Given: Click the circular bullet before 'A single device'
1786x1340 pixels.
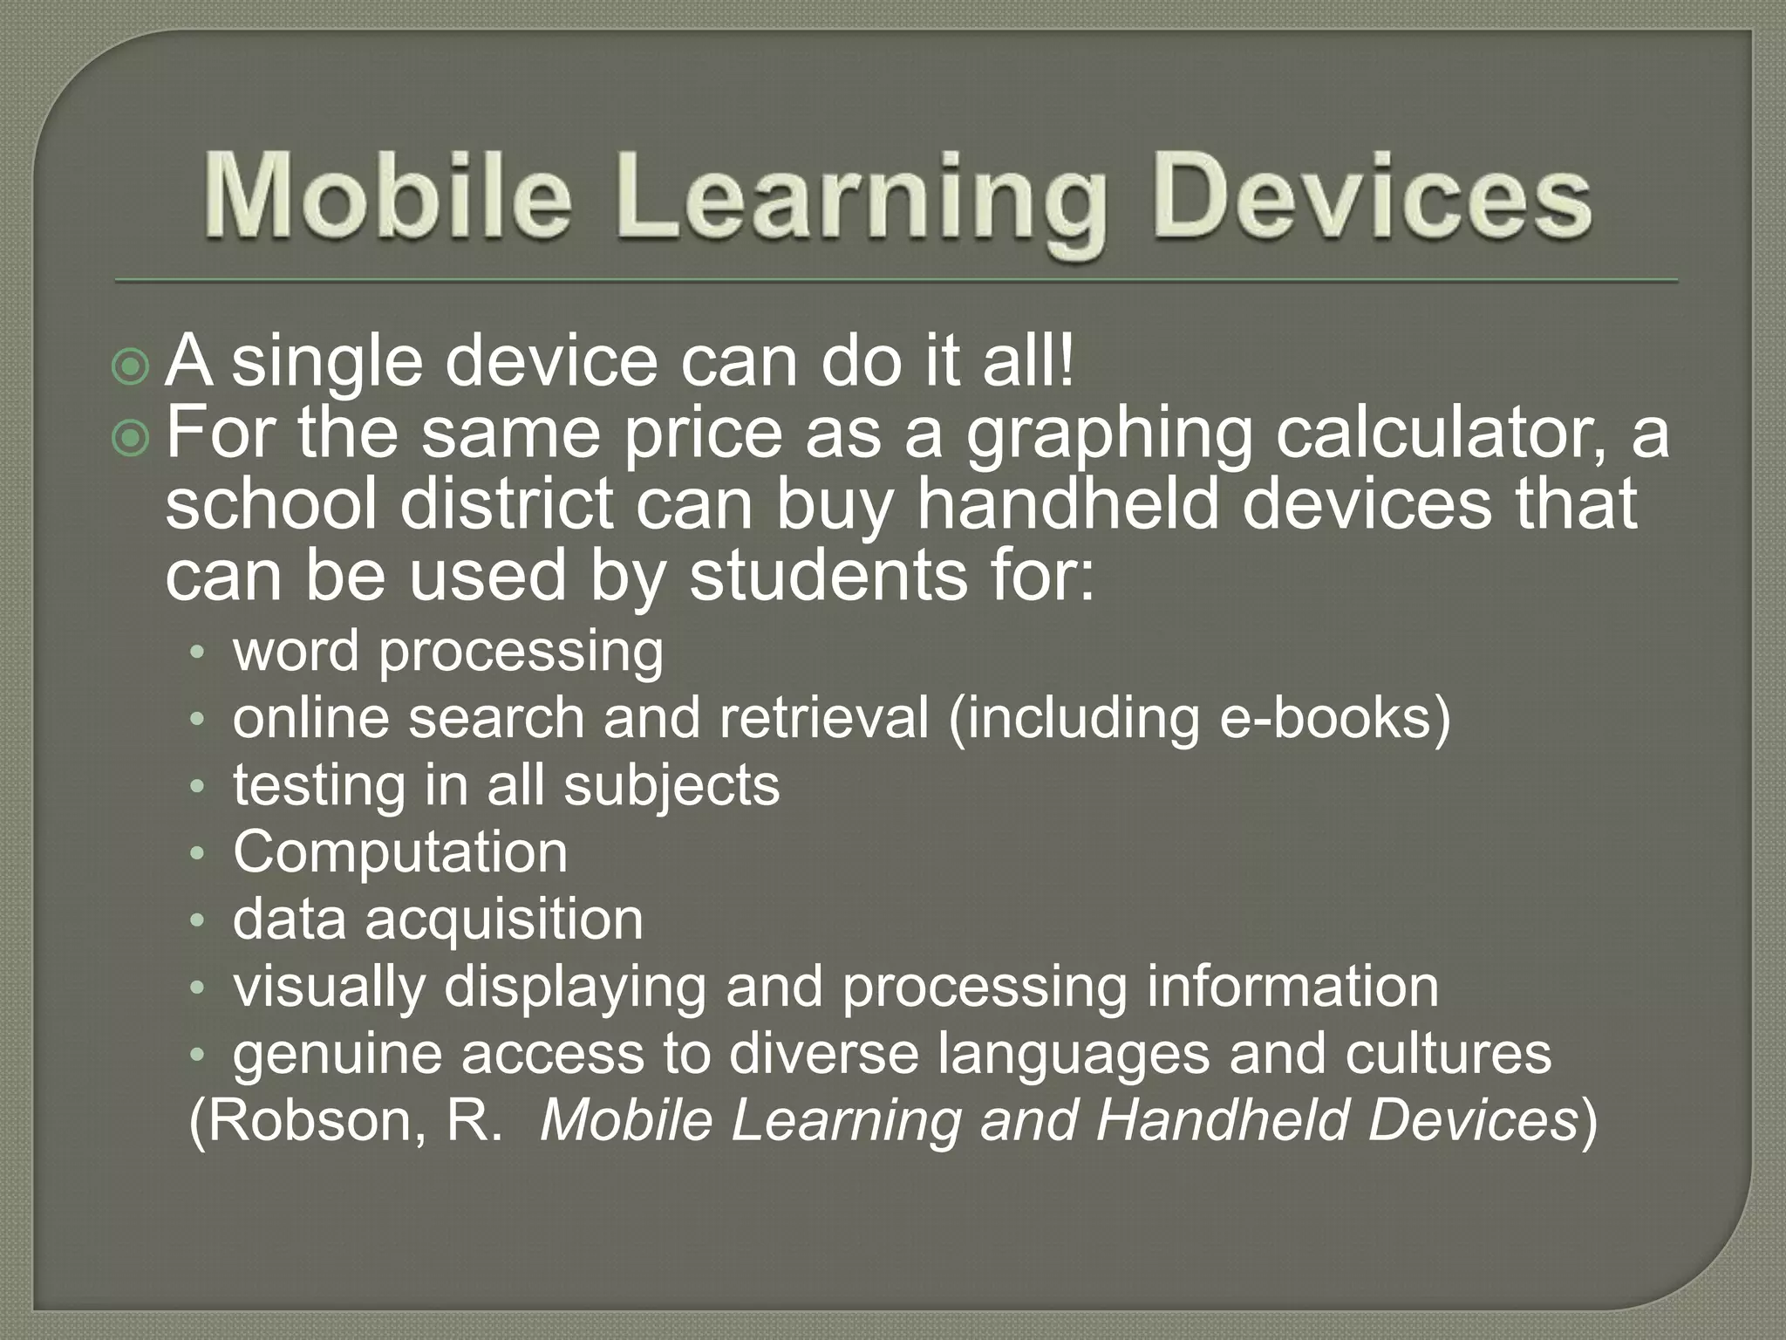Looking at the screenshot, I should pos(132,367).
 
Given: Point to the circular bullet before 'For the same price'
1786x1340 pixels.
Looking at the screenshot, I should pos(132,438).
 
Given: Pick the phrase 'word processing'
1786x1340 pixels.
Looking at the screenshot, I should pos(448,652).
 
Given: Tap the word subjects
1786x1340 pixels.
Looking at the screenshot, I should pos(671,786).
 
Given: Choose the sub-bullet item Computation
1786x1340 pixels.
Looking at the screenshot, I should pos(400,852).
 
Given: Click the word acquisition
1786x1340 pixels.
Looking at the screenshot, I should pos(504,920).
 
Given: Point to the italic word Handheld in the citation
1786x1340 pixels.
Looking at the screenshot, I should pos(1221,1121).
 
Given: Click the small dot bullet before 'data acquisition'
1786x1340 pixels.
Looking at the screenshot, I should pos(198,920).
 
